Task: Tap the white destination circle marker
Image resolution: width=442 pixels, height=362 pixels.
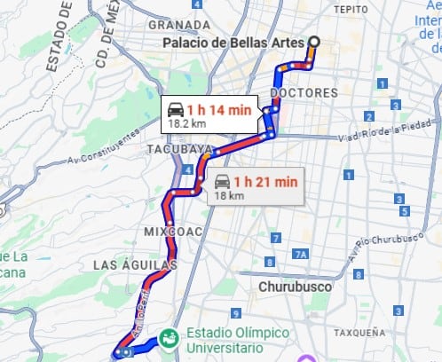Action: tap(313, 42)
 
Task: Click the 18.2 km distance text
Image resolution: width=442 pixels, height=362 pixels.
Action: tap(181, 124)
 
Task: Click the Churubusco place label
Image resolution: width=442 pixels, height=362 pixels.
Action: tap(295, 287)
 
